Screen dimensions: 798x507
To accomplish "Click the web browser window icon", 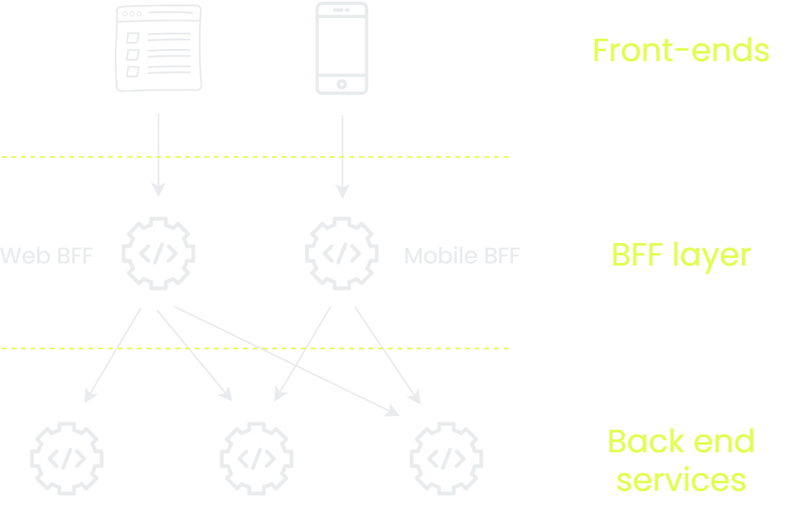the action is [159, 48].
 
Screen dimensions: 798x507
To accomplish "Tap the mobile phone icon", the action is [342, 48].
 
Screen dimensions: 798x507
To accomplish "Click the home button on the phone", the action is [342, 84].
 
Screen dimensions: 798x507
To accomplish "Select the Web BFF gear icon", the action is [158, 253].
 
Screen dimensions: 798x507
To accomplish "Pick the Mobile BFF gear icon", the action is [342, 253].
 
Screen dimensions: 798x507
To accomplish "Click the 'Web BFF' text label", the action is [47, 255].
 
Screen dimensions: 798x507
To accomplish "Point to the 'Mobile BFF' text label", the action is [462, 255].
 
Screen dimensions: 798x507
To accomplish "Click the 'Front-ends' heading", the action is [681, 50].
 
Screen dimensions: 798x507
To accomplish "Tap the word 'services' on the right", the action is [681, 480].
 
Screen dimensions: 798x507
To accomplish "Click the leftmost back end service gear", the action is [66, 459].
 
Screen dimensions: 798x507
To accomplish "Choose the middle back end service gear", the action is [256, 459].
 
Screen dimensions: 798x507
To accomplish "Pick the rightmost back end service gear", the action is [446, 459].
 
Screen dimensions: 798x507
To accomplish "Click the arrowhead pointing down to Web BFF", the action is [159, 189].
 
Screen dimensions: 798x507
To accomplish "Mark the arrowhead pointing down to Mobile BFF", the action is [342, 191].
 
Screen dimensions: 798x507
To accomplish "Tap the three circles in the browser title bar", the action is [132, 14].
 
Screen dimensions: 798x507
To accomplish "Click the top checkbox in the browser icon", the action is [133, 38].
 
